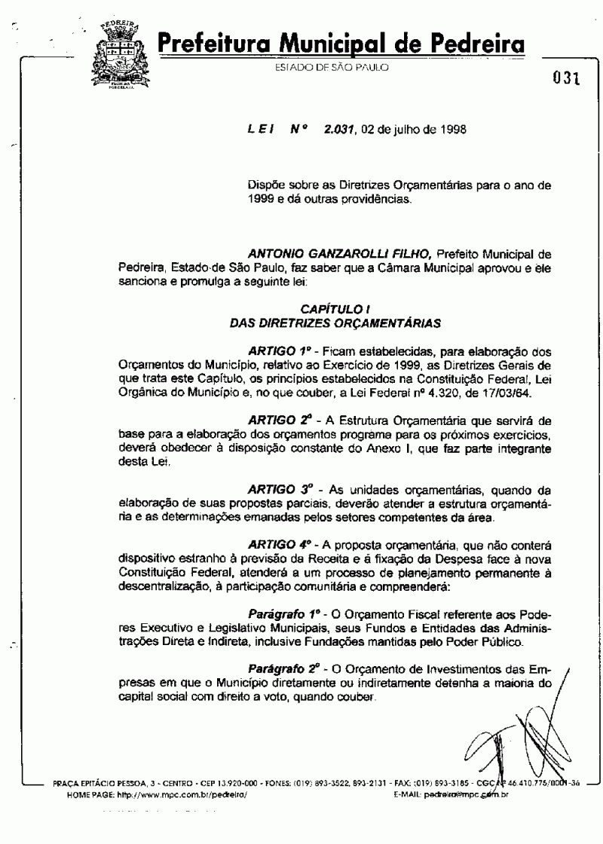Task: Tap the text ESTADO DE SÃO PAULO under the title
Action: pos(332,68)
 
